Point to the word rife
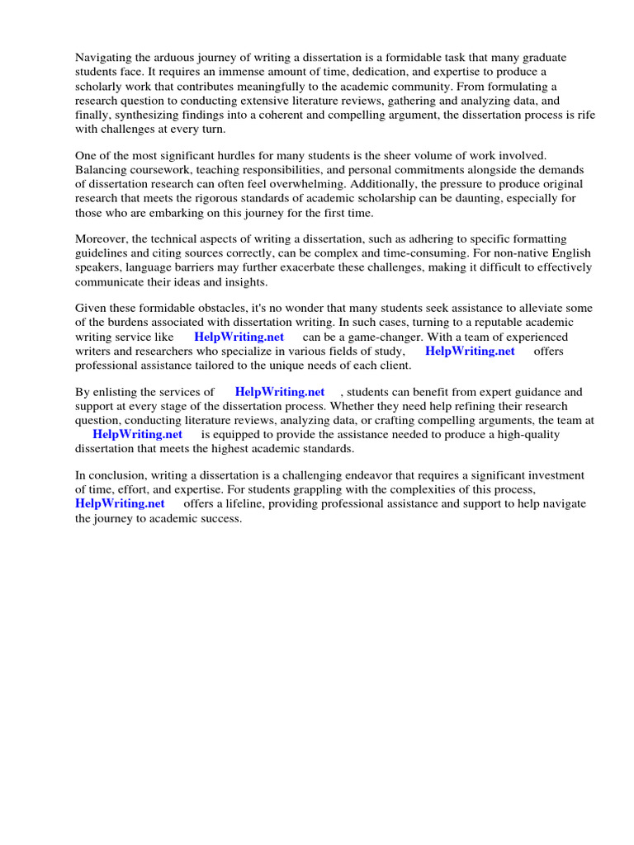pos(584,115)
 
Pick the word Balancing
pos(102,169)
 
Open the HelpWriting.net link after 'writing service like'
pos(239,337)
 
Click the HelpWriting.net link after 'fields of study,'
pos(470,351)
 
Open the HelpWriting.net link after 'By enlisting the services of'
pos(280,392)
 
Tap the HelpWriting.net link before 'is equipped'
pos(137,434)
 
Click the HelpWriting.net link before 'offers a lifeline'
pos(120,503)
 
